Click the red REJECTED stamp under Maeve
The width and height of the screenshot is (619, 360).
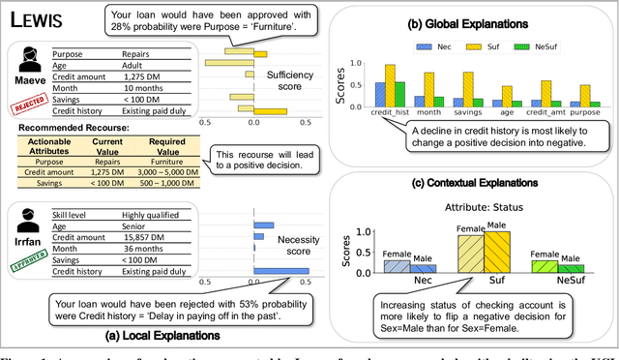pos(25,109)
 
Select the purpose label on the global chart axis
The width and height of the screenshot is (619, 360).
pos(585,114)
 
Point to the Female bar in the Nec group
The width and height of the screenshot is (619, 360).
pos(395,266)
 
